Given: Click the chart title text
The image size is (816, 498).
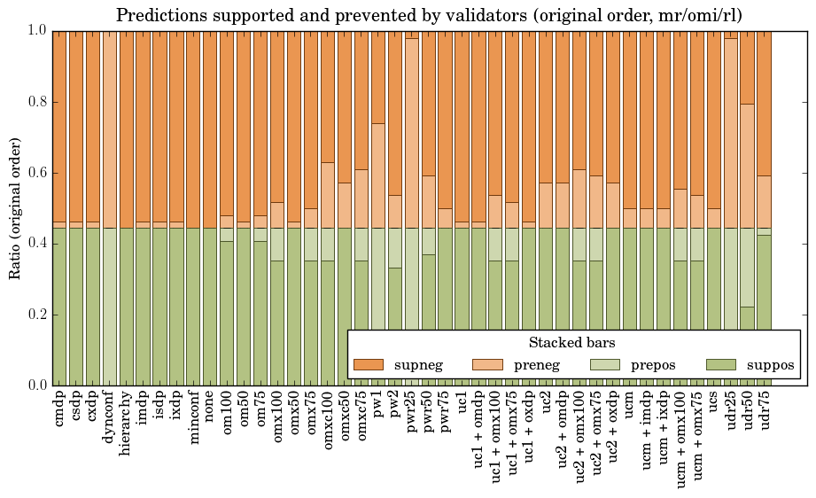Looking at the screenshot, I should pyautogui.click(x=429, y=15).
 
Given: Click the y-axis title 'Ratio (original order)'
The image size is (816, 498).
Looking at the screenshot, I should pyautogui.click(x=15, y=207).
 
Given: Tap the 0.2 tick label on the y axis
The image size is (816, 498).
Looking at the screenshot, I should pyautogui.click(x=35, y=315).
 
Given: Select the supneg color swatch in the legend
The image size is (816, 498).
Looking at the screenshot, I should pyautogui.click(x=368, y=364).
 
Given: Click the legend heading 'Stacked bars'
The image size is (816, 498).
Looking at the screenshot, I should pyautogui.click(x=572, y=343).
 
